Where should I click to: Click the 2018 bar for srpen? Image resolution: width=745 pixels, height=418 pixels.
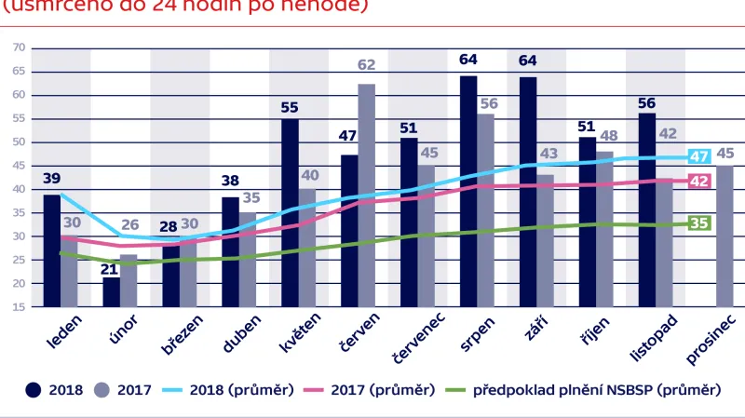click(468, 191)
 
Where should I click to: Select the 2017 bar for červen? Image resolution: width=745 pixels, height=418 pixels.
click(367, 196)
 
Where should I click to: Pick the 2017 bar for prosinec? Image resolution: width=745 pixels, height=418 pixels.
click(724, 236)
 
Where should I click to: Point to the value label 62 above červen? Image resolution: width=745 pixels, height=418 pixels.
click(367, 65)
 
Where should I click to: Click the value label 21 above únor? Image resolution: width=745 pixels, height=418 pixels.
click(110, 269)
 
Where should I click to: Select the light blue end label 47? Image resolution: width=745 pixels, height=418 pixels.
click(698, 156)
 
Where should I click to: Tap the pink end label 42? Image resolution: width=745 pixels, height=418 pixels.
click(698, 182)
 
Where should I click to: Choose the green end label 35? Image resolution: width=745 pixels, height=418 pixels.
click(698, 222)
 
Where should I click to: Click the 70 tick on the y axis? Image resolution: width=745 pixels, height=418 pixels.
click(19, 47)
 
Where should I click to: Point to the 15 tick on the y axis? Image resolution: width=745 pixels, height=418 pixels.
click(19, 307)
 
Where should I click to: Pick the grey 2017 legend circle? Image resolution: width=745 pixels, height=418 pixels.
click(102, 390)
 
